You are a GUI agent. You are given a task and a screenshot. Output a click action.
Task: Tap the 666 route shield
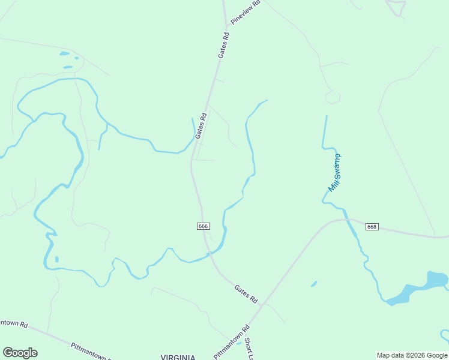pyautogui.click(x=203, y=226)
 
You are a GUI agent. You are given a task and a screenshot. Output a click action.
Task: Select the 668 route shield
pyautogui.click(x=372, y=227)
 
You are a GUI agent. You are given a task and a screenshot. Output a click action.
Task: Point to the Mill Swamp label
pyautogui.click(x=335, y=173)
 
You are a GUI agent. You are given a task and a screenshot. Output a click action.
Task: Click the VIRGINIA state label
pyautogui.click(x=178, y=356)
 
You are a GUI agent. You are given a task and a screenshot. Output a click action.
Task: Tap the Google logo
pyautogui.click(x=20, y=353)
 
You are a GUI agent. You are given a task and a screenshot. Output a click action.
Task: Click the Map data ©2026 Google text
pyautogui.click(x=412, y=355)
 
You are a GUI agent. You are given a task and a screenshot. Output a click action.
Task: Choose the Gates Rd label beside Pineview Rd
pyautogui.click(x=223, y=45)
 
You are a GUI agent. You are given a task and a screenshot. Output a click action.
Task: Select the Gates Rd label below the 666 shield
pyautogui.click(x=246, y=293)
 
